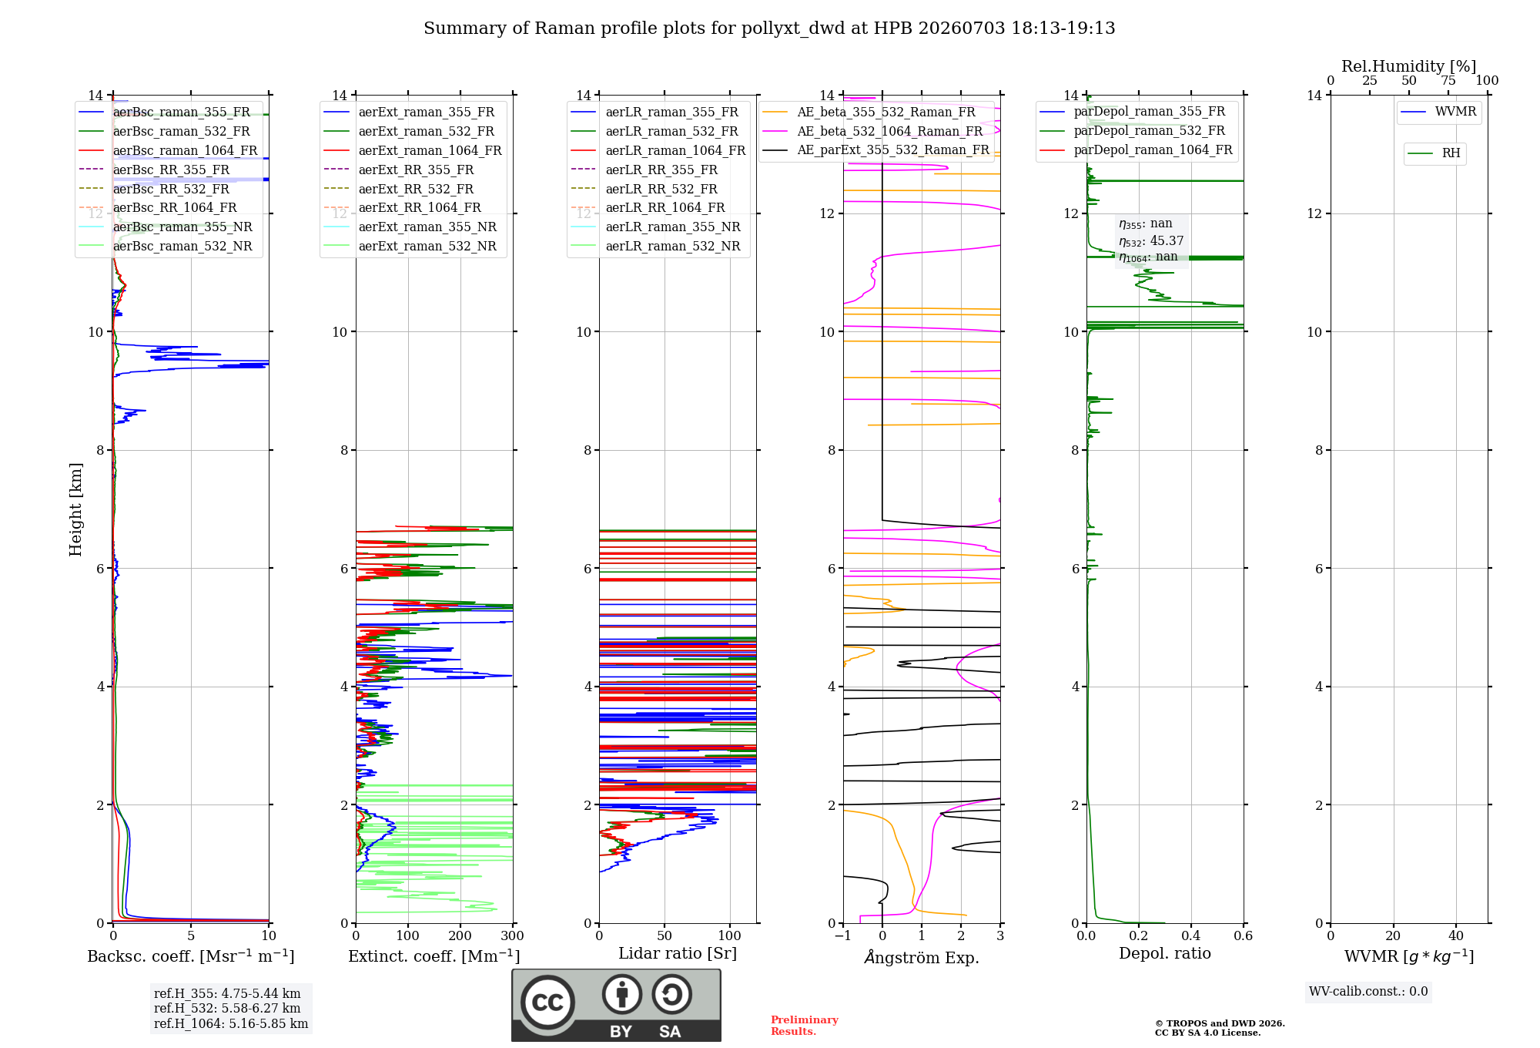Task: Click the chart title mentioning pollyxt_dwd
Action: tap(769, 29)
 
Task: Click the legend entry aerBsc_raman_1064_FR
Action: tap(186, 150)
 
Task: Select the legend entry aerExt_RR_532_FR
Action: tap(416, 189)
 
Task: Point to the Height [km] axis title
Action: tap(75, 509)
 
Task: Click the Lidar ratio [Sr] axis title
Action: tap(678, 953)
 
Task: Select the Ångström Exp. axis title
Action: tap(922, 957)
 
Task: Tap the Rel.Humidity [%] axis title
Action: tap(1409, 66)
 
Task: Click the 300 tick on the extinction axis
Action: tap(513, 935)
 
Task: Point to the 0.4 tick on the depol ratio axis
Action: tap(1190, 935)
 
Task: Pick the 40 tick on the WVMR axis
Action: tap(1456, 935)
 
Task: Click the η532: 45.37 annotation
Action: tap(1151, 241)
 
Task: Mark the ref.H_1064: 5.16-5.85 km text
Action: tap(231, 1023)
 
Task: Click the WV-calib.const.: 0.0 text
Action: tap(1368, 991)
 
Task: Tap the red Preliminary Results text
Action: tap(805, 1026)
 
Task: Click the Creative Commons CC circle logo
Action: tap(547, 1003)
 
